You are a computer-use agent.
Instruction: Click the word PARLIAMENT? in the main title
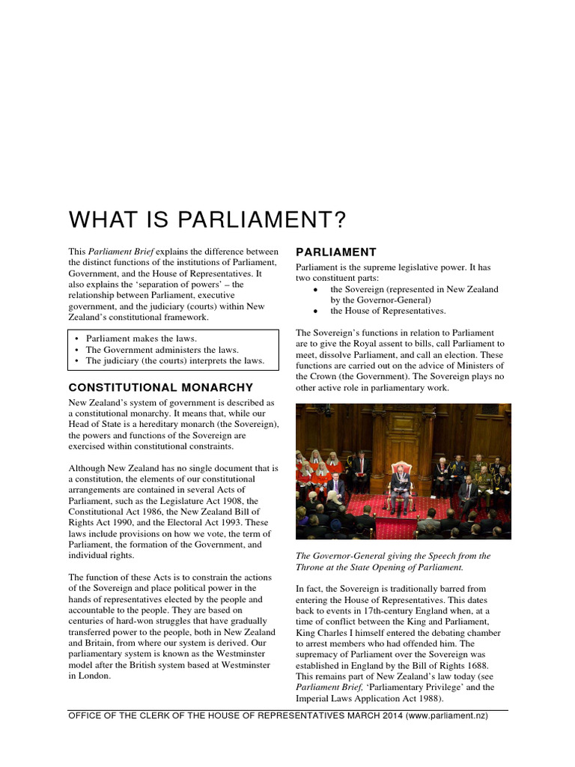tap(259, 220)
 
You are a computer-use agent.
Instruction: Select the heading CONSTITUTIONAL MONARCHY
tap(160, 387)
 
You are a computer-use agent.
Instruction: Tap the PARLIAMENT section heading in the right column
tap(335, 252)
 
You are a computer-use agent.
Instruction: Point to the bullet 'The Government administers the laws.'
tap(162, 349)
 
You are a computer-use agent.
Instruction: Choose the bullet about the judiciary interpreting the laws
tap(174, 360)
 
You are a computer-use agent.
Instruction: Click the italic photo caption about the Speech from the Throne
tap(393, 562)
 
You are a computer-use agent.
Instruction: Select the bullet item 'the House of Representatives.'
tap(388, 311)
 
